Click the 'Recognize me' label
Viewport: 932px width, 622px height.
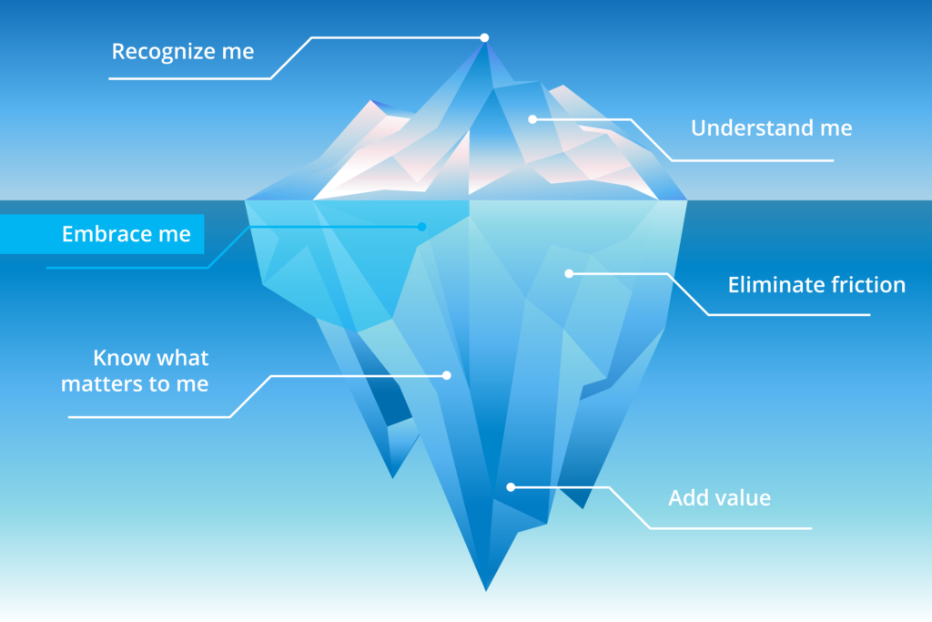[x=183, y=52]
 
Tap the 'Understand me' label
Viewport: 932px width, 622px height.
[x=772, y=127]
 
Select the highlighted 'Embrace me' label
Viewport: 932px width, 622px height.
[x=126, y=234]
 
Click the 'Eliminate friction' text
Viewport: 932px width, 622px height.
[x=816, y=285]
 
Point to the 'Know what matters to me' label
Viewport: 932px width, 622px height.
[x=135, y=371]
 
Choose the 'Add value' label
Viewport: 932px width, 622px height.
[x=719, y=498]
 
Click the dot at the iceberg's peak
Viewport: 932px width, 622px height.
[x=484, y=37]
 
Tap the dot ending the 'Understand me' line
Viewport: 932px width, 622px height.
[x=532, y=119]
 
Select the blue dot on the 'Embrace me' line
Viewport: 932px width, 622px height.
[x=421, y=227]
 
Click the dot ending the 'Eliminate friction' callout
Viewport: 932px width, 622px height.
[x=569, y=273]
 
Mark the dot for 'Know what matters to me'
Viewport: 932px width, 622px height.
[x=446, y=375]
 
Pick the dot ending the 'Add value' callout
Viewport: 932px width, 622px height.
[x=511, y=487]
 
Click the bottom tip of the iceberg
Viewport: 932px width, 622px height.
[x=486, y=590]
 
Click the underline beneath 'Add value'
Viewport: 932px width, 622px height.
[x=731, y=528]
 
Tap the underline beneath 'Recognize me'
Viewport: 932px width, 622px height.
[x=189, y=78]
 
